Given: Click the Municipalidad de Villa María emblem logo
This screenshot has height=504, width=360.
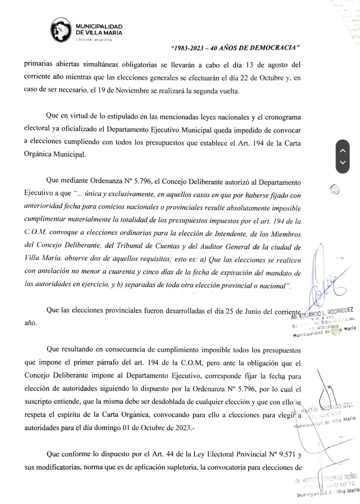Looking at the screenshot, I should [61, 30].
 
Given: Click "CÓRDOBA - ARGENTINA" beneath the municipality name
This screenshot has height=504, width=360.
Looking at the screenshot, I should [94, 40].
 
